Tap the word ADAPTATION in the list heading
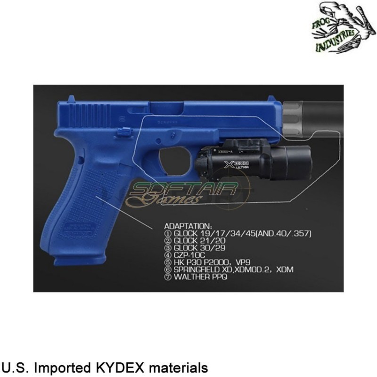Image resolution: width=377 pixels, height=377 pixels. click(x=185, y=225)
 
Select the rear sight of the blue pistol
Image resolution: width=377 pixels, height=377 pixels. click(x=71, y=100)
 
